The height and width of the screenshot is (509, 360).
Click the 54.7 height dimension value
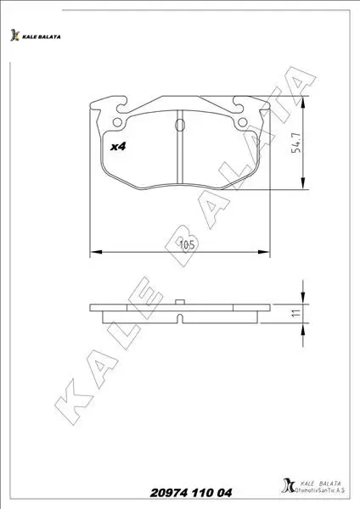[296, 143]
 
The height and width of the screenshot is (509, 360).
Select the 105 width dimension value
[187, 244]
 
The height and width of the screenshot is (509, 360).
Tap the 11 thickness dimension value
[296, 313]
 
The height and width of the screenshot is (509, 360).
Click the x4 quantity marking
[118, 147]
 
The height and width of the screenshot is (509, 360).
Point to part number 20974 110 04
[191, 493]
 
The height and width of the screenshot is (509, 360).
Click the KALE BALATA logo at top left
[35, 36]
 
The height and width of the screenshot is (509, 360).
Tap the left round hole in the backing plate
[117, 122]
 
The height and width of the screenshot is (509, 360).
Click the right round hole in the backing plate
[242, 122]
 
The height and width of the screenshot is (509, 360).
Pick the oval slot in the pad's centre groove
[180, 125]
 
